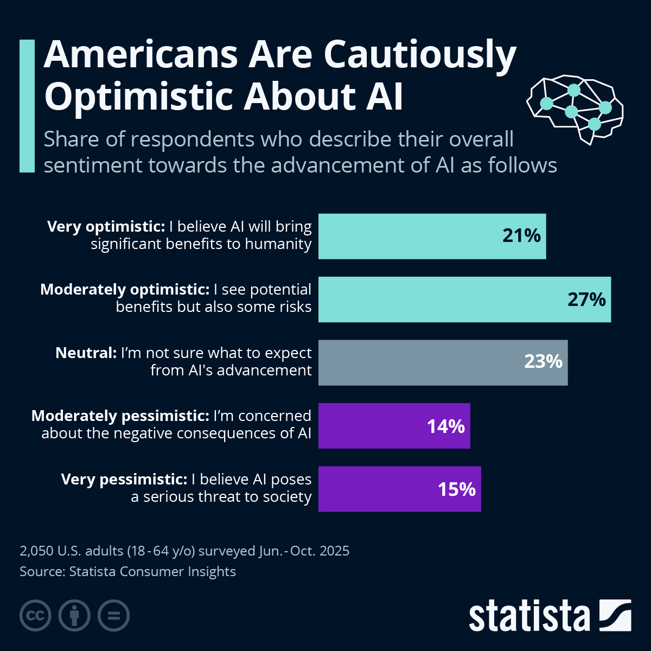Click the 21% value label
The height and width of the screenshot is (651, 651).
(521, 236)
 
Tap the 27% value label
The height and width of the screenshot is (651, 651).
(586, 299)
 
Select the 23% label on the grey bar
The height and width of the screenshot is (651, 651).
(543, 362)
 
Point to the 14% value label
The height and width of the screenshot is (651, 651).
(446, 427)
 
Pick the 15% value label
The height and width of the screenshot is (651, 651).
(457, 490)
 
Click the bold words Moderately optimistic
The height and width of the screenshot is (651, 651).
(125, 290)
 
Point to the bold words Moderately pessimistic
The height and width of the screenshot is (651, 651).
(120, 416)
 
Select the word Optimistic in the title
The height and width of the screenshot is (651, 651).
(138, 97)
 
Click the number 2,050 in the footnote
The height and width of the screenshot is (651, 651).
(36, 551)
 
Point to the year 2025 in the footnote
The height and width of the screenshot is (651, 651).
(334, 551)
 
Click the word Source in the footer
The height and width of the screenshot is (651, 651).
(41, 572)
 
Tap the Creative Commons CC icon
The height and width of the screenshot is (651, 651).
(35, 616)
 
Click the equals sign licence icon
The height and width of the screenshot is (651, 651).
(113, 616)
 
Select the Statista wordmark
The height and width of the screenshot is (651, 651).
(529, 616)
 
